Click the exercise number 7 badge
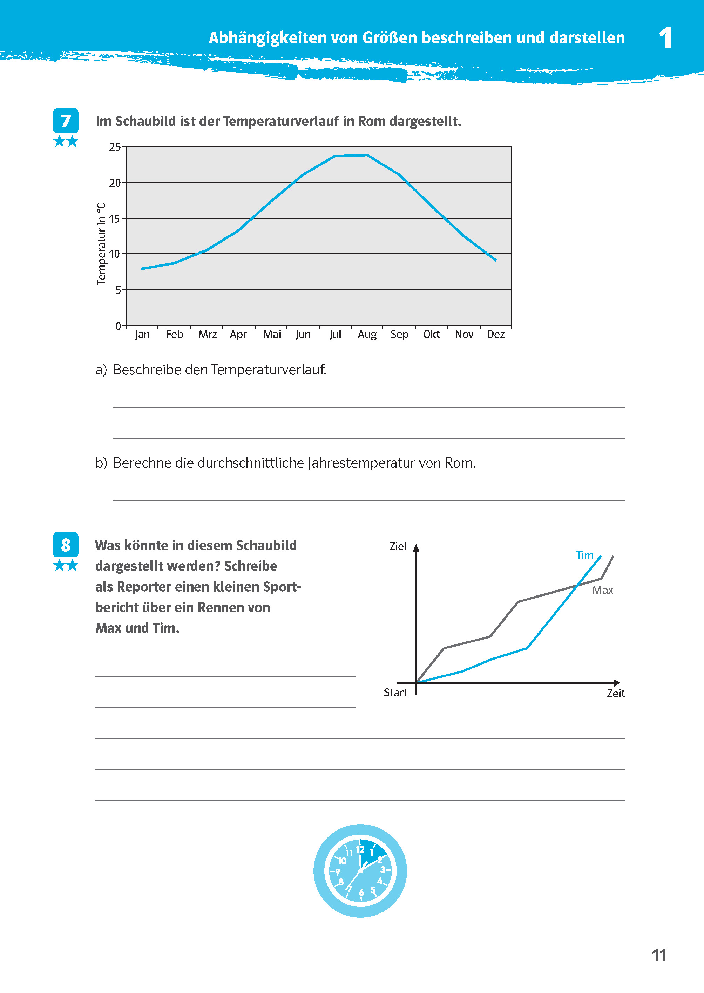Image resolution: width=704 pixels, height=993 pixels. [x=66, y=121]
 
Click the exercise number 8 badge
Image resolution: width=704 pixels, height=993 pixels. [x=66, y=545]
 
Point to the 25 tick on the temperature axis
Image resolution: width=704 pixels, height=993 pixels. [x=115, y=147]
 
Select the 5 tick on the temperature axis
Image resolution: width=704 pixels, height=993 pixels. [x=118, y=290]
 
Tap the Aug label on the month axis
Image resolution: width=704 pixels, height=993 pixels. [x=367, y=334]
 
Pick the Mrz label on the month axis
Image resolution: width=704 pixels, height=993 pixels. [x=207, y=334]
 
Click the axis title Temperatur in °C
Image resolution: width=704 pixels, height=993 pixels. [x=101, y=244]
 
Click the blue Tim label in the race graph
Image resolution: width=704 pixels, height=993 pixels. [x=584, y=555]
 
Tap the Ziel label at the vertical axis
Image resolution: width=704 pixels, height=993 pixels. [x=398, y=546]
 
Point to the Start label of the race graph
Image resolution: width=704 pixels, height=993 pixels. [x=395, y=692]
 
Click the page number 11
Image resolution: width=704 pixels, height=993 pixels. [x=658, y=955]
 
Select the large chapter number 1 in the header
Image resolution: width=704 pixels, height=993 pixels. [x=665, y=38]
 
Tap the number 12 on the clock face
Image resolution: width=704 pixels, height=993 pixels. [x=360, y=849]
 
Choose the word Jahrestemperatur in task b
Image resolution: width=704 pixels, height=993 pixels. [x=361, y=463]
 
